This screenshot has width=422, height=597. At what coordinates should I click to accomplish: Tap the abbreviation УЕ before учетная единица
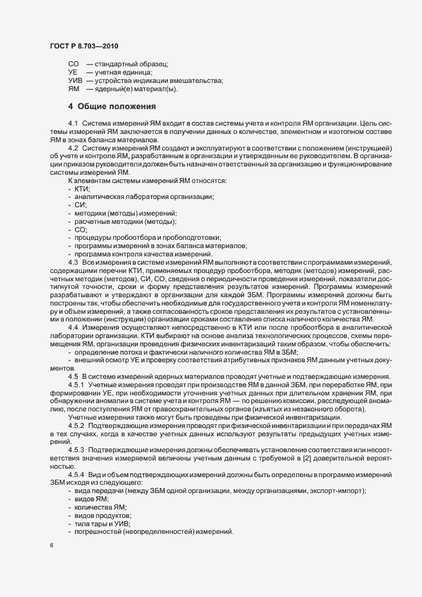(x=73, y=72)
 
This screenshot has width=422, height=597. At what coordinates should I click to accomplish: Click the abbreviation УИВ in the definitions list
(x=75, y=80)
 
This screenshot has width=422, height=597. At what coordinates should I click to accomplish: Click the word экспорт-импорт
(x=335, y=491)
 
